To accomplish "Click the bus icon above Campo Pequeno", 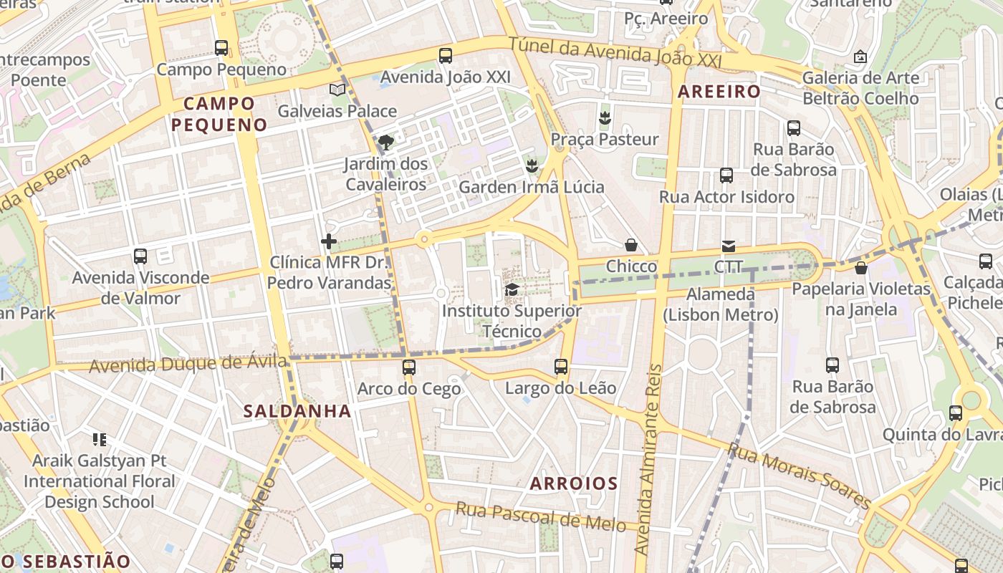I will (x=221, y=48).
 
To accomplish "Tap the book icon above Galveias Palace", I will (x=337, y=90).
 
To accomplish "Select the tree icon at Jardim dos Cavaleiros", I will (x=385, y=142).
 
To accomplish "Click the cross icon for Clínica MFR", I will (x=329, y=241).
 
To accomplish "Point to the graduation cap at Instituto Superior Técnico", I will (x=512, y=289).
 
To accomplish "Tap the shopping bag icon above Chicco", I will (x=631, y=245).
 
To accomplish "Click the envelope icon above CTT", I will (x=729, y=246).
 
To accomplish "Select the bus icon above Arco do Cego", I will (x=408, y=367).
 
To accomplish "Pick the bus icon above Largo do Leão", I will (x=561, y=367).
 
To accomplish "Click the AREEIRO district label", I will (x=719, y=92).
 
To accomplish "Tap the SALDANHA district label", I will (x=297, y=411).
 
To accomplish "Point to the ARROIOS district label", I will (x=573, y=483).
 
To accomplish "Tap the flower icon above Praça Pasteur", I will (x=605, y=117).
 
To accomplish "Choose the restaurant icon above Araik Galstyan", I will (x=99, y=439).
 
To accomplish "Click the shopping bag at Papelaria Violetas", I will (x=860, y=268).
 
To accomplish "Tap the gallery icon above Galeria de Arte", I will (x=860, y=56).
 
